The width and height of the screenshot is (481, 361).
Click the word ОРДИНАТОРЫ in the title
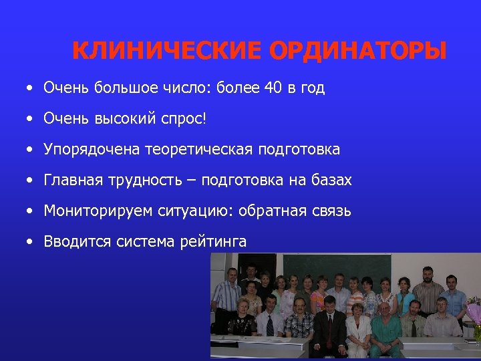coord(357,51)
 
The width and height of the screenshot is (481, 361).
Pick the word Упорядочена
coord(92,149)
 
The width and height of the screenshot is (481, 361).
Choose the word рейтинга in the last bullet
coord(213,241)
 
